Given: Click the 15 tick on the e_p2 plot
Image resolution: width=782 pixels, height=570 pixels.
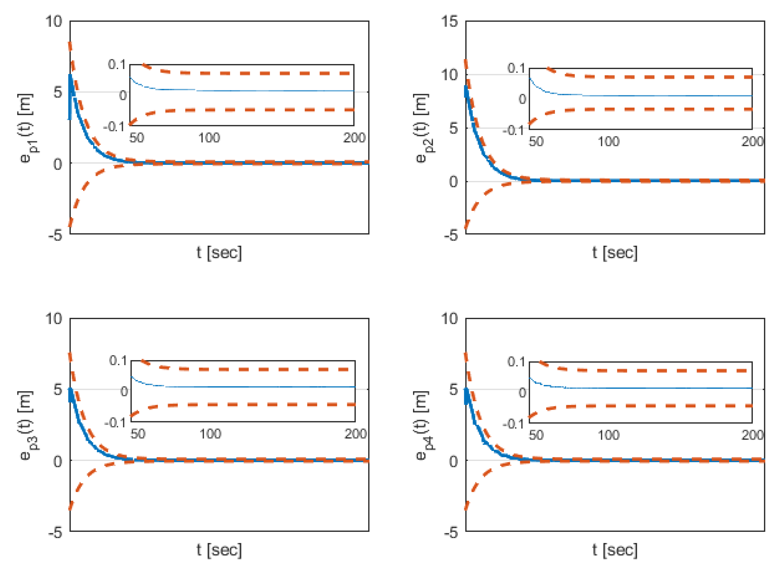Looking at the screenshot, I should coord(450,22).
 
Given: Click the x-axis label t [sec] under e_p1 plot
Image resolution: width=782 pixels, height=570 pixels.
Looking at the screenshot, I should coord(219,253).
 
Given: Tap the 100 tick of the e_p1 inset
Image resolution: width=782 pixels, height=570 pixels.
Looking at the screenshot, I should coord(209,138).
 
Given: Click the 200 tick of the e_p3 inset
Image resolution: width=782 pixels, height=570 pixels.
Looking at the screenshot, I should coord(355,434).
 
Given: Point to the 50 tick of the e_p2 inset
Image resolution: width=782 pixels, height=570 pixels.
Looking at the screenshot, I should coord(536,141).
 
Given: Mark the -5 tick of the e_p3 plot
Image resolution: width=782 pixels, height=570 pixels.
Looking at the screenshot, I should coord(55,533).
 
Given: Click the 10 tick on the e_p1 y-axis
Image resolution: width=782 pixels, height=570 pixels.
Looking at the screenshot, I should coord(54,22).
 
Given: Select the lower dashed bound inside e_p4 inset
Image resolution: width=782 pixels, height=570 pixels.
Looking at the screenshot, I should coord(638,406).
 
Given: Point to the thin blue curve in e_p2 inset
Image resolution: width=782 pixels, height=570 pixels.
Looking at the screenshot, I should coord(656,95).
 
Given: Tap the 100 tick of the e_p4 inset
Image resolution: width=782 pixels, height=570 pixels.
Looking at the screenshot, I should coord(608,435).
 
